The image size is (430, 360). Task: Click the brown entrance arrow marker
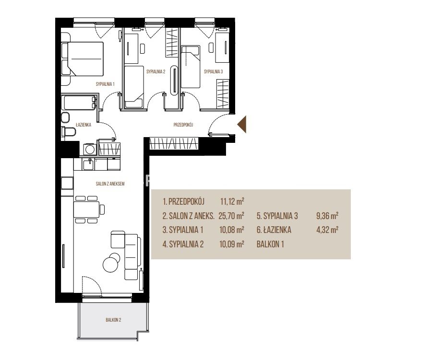pos(242,124)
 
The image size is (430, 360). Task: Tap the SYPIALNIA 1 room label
pos(105,84)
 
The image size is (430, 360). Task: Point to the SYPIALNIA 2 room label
pos(156,72)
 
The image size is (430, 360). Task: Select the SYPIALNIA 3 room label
pos(214,72)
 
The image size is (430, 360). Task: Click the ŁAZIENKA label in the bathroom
pos(84,125)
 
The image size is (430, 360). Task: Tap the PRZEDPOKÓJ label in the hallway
pos(183,125)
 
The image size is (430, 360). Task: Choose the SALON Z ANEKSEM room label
pos(110,184)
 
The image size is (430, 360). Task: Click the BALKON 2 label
pos(114,320)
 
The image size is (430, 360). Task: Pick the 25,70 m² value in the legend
pos(231,216)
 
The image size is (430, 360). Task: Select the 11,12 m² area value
pos(232,202)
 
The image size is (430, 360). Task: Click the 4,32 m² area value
pos(327,230)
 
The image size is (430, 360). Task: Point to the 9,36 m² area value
pos(327,216)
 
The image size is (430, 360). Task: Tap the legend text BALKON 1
pos(270,244)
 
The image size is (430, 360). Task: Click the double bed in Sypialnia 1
pos(82,58)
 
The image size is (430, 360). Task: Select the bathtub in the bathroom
pos(79,103)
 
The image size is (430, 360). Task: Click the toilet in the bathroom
pos(69,131)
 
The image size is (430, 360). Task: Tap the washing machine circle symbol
pos(89,150)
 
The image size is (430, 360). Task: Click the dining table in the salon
pos(86,209)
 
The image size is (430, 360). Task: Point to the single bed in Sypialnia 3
pos(191,67)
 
